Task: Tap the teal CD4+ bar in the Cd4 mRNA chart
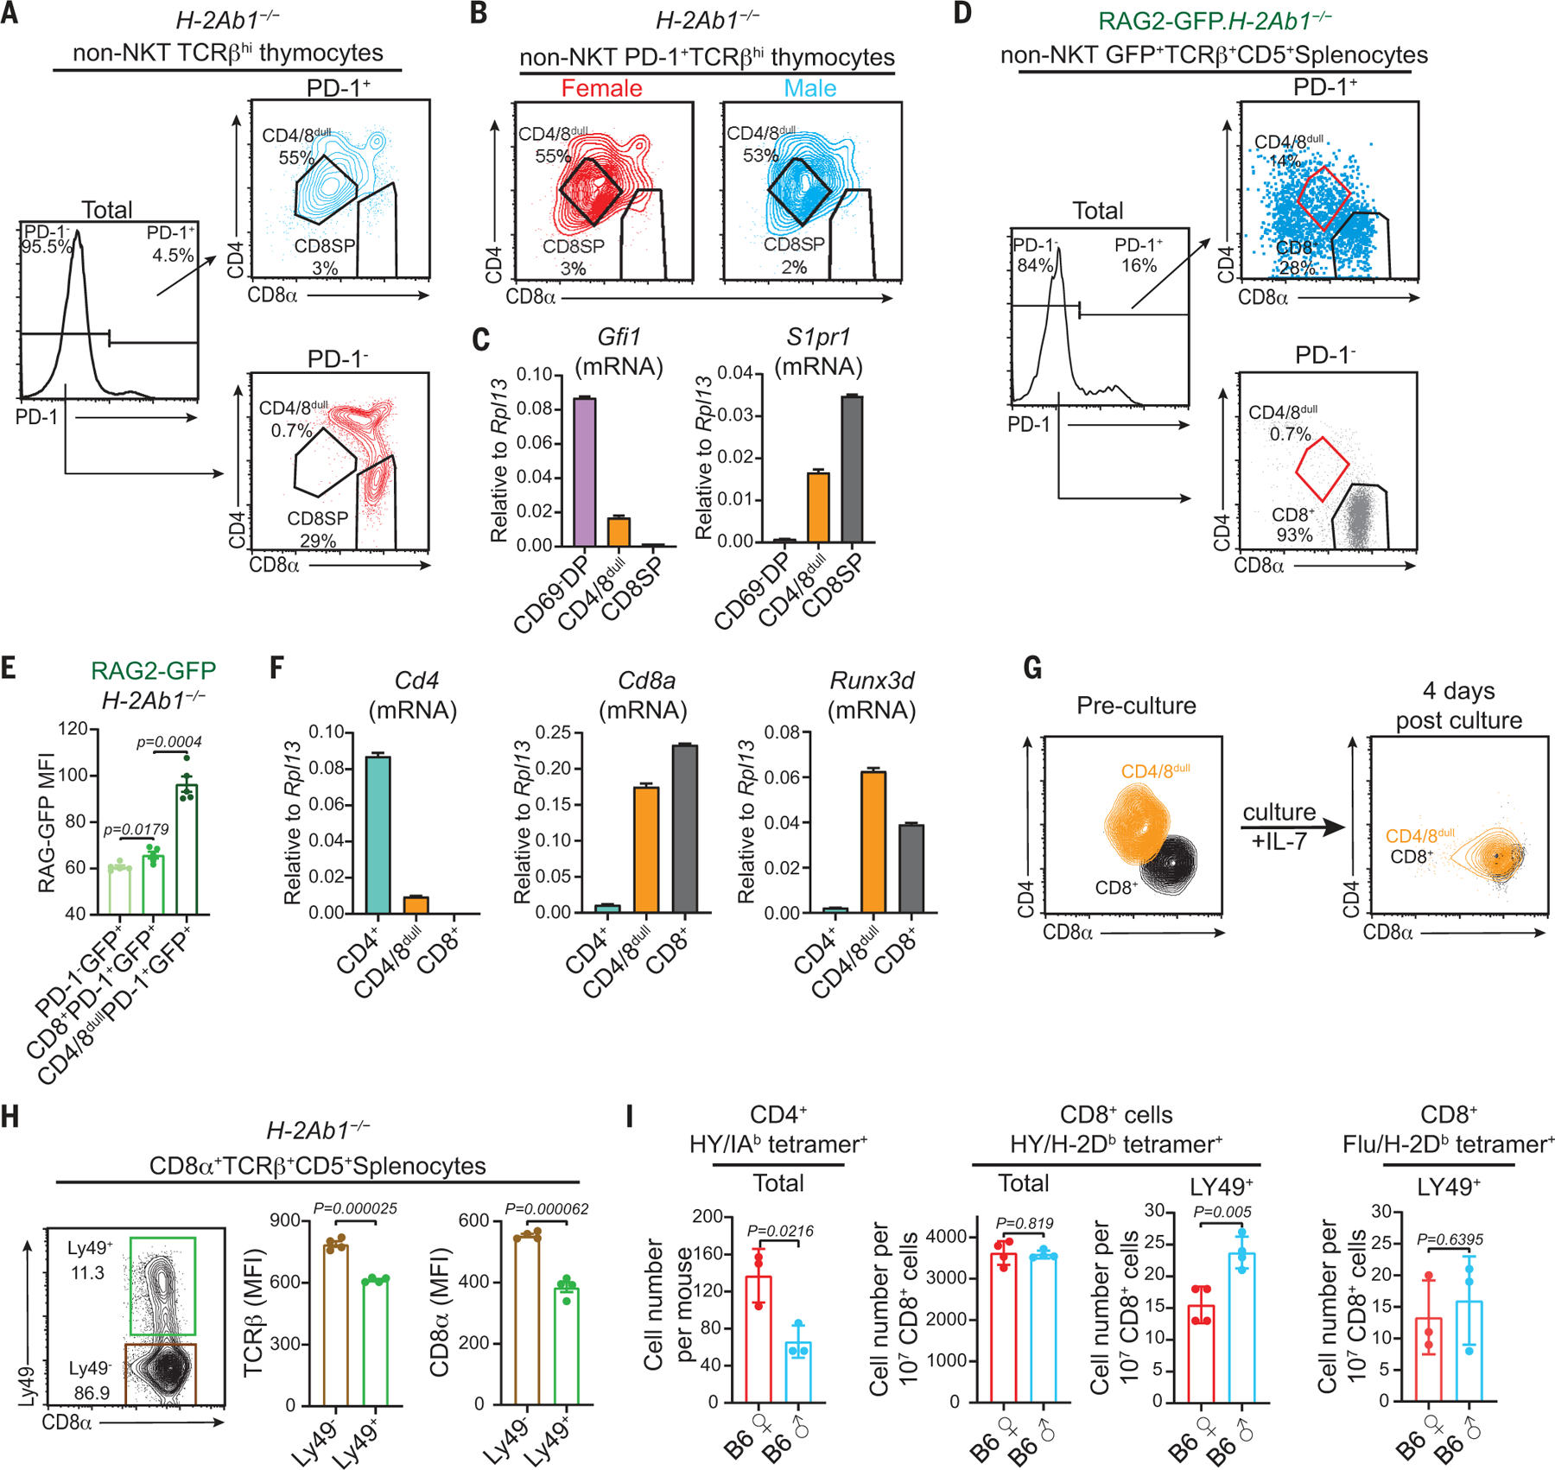click(x=378, y=834)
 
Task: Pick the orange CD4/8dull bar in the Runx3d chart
click(x=873, y=842)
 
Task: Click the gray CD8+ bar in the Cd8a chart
click(x=685, y=828)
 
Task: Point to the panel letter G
click(x=1032, y=668)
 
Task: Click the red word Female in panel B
click(x=601, y=88)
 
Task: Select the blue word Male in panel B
click(x=809, y=88)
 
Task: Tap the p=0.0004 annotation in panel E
click(x=169, y=741)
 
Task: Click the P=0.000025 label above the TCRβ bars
click(x=355, y=1208)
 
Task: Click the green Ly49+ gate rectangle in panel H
click(x=162, y=1286)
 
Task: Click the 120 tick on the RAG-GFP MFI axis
click(x=73, y=729)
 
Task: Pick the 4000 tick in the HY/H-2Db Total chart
click(x=946, y=1237)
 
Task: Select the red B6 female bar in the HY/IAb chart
click(x=758, y=1338)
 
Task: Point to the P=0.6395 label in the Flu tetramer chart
click(x=1449, y=1239)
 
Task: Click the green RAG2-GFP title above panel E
click(x=153, y=670)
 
